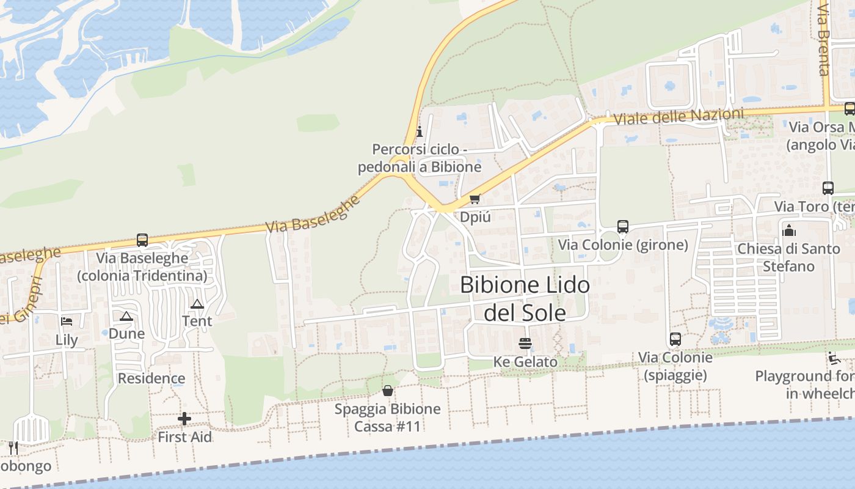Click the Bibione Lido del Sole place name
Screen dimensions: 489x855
click(x=525, y=299)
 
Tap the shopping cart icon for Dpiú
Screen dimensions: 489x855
click(x=475, y=199)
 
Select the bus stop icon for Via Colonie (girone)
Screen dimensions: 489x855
click(x=622, y=227)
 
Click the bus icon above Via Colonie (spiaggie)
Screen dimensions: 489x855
click(x=675, y=339)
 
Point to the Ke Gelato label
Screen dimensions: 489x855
click(x=525, y=362)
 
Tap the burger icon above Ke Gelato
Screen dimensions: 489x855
click(x=525, y=344)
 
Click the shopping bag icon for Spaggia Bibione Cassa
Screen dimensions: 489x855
click(x=387, y=391)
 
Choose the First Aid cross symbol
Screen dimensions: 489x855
click(x=184, y=419)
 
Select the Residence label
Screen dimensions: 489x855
click(x=151, y=378)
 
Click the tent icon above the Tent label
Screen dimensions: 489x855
click(x=197, y=304)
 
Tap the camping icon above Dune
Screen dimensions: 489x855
click(x=126, y=316)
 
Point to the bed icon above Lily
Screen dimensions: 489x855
click(x=67, y=322)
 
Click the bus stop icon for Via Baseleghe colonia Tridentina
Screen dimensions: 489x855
click(x=142, y=240)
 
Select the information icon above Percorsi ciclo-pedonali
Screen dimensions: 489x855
click(x=420, y=131)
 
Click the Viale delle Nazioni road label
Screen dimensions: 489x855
click(x=679, y=116)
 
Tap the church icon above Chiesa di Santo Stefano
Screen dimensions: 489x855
click(x=789, y=230)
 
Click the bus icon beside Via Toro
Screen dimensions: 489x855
click(x=828, y=188)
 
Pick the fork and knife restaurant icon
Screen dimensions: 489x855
click(x=13, y=448)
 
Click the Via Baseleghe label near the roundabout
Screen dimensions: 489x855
click(x=313, y=215)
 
